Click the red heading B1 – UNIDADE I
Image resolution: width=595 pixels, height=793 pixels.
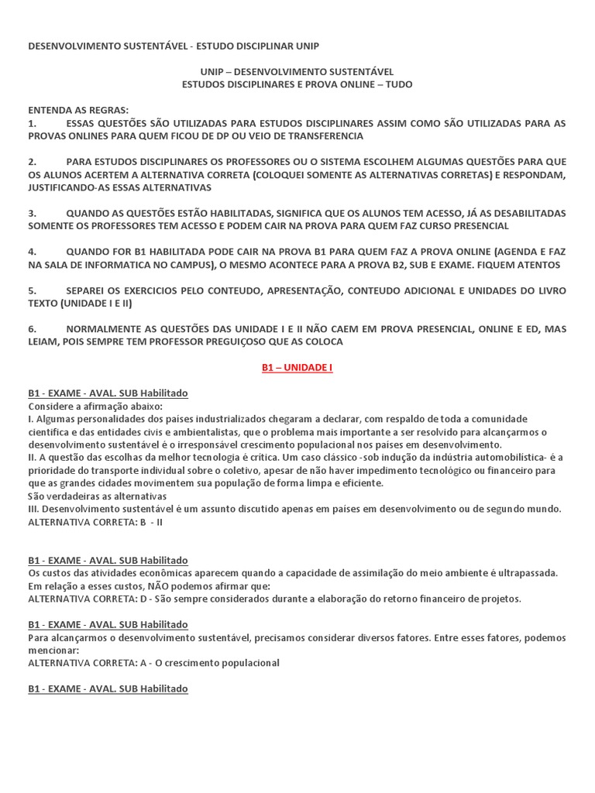[x=297, y=368]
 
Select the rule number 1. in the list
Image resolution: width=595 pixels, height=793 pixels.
[x=33, y=123]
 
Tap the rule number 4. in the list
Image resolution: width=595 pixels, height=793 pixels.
[x=33, y=252]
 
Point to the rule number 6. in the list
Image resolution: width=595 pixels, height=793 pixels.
[x=33, y=329]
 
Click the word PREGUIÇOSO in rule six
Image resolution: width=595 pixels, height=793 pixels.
[x=264, y=342]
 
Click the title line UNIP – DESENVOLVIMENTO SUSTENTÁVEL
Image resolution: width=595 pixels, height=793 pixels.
[x=297, y=71]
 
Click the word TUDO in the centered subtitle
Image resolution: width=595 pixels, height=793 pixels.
[x=398, y=84]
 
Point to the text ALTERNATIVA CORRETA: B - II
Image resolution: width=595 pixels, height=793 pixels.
[x=95, y=522]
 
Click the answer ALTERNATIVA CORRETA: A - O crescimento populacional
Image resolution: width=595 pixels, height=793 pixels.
[x=153, y=663]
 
